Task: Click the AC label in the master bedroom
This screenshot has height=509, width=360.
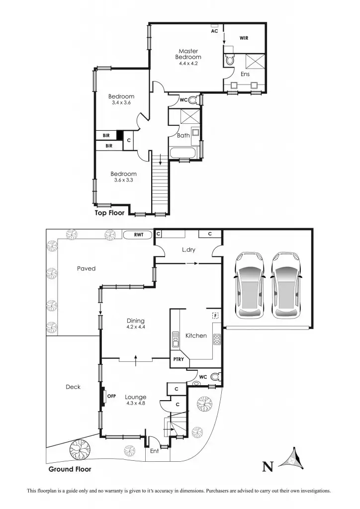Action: click(x=215, y=30)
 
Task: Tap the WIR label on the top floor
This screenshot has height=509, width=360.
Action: click(x=244, y=37)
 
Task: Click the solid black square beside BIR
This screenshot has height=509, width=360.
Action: click(x=119, y=135)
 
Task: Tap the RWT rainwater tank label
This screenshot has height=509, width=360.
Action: click(x=138, y=235)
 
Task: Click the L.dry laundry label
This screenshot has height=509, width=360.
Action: click(x=188, y=250)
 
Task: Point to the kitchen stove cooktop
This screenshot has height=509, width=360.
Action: click(x=217, y=339)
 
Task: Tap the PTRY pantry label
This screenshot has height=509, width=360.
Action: click(x=178, y=359)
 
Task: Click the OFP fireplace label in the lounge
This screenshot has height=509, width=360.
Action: click(x=111, y=396)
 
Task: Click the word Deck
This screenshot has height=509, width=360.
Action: click(x=73, y=387)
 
